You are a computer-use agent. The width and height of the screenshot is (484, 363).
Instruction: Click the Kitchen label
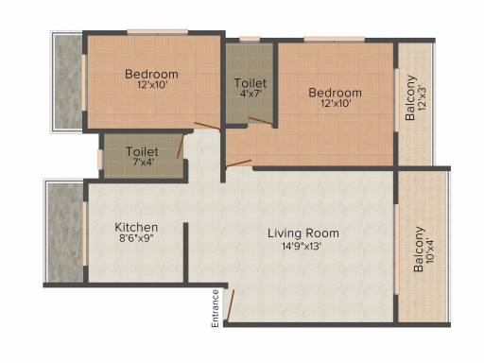136,227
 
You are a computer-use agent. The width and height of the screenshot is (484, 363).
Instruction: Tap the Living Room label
303,233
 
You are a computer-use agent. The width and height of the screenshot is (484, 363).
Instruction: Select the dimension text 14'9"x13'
302,246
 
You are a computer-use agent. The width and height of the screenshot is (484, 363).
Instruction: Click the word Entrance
216,309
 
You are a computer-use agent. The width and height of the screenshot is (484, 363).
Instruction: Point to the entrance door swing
230,304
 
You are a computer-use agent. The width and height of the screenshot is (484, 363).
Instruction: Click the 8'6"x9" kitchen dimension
136,238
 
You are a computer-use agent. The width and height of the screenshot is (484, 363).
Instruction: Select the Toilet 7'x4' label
142,156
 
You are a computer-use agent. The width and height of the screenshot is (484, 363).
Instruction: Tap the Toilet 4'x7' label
251,88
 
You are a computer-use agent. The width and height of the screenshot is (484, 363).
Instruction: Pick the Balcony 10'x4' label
423,250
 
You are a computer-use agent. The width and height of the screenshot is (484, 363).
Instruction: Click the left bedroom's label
151,79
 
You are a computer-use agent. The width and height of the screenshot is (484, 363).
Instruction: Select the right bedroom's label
335,97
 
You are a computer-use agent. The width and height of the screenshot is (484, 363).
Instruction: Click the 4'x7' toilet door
261,121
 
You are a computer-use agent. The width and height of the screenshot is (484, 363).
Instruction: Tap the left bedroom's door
207,126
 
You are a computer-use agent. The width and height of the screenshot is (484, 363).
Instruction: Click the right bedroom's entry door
239,163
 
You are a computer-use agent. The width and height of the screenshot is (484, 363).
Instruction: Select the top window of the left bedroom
158,32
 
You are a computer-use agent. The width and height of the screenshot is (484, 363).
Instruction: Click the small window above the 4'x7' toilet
250,40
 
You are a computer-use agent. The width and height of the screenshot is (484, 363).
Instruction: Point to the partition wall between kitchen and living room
186,252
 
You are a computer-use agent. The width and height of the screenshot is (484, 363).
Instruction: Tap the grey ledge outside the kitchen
65,233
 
